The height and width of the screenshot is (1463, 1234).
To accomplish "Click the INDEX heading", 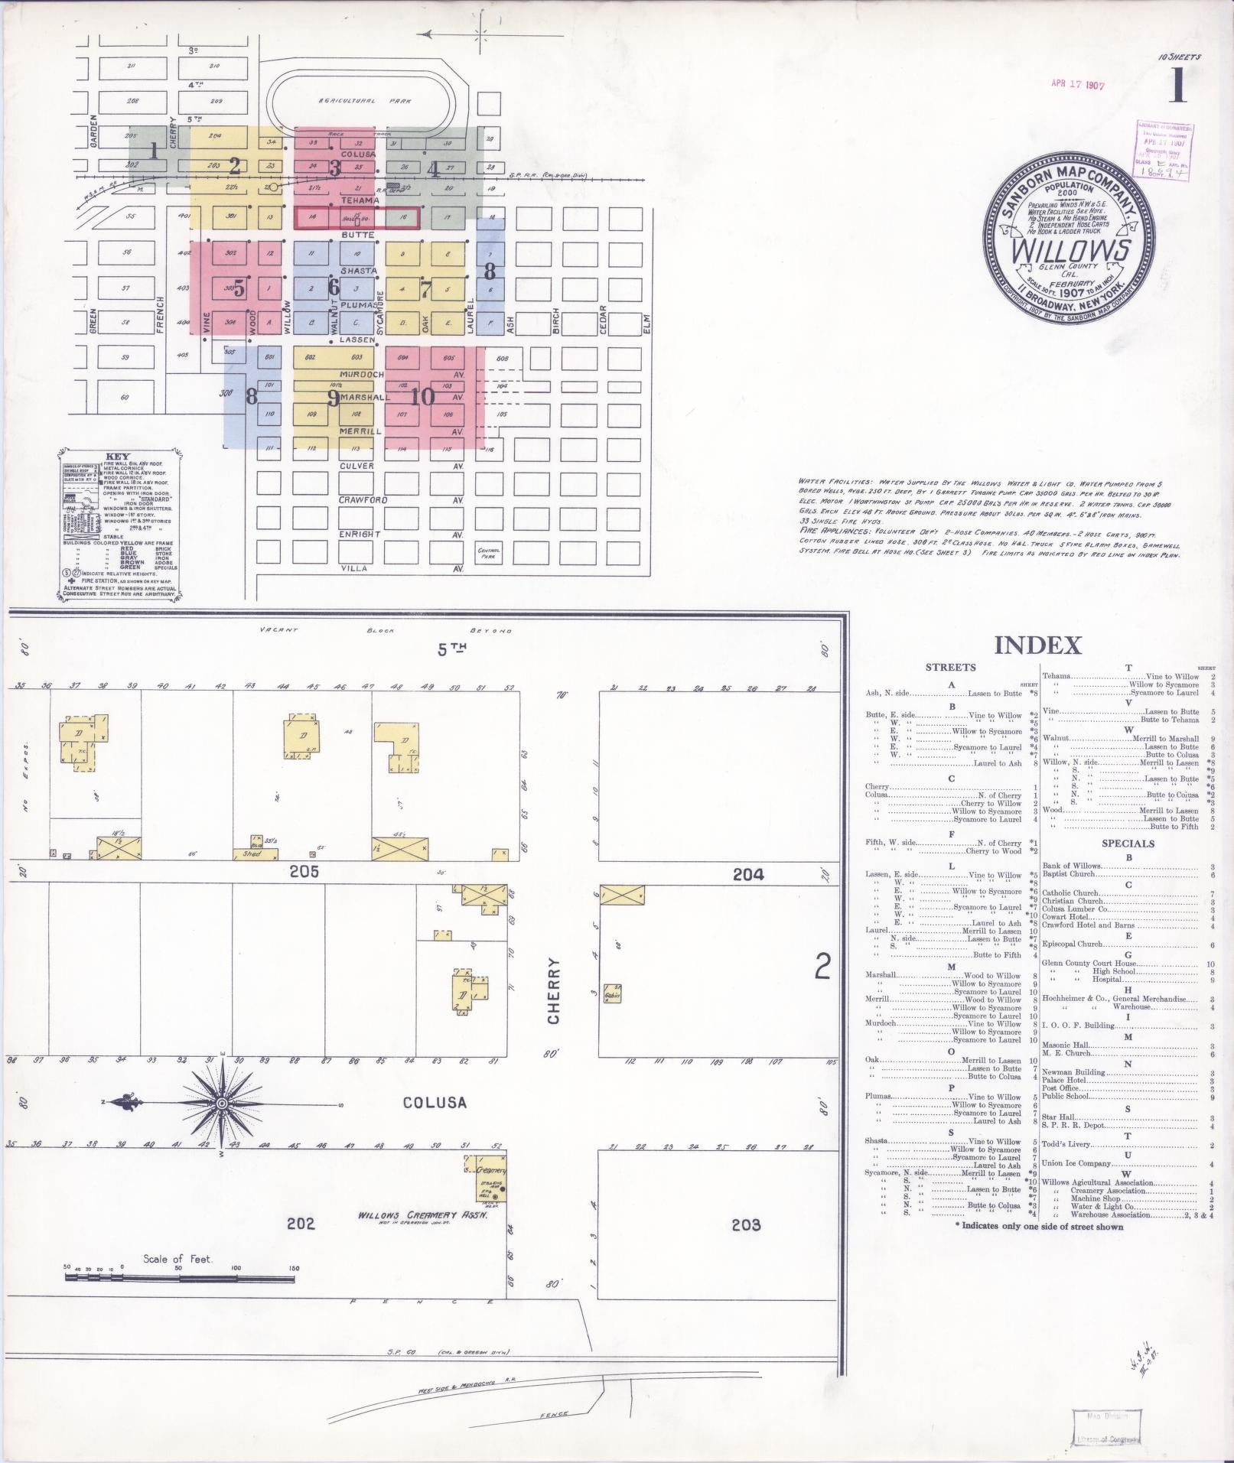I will tap(1037, 645).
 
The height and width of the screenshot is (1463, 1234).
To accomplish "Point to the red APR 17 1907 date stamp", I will tap(1077, 86).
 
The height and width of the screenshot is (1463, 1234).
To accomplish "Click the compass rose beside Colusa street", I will tap(221, 1104).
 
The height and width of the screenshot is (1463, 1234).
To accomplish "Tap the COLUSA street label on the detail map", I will tap(435, 1103).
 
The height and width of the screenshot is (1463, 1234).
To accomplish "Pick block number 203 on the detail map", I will tap(746, 1224).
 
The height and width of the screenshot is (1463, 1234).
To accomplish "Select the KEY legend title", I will tap(121, 457).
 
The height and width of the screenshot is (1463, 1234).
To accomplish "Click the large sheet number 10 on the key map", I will tap(422, 396).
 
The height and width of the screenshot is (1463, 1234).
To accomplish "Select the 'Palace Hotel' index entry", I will tap(1064, 1080).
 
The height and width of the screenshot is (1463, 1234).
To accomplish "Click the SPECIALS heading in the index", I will tap(1128, 844).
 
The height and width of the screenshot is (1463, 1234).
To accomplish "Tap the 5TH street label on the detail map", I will tap(451, 649).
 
